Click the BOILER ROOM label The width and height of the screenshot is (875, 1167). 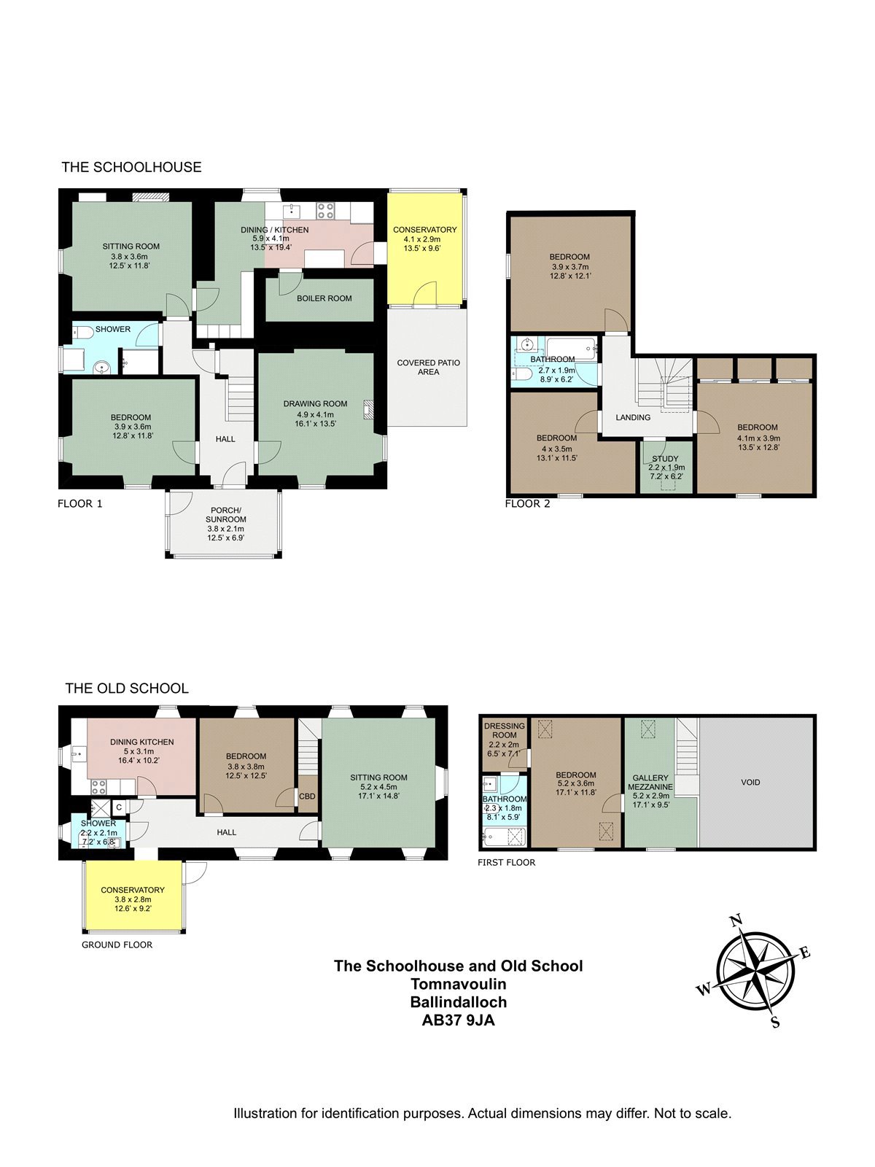(324, 298)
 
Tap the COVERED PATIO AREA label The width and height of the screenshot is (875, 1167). (428, 368)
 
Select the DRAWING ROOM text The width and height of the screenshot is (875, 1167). (315, 403)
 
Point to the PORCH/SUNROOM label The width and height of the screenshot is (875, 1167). (225, 515)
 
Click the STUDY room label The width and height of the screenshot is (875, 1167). (665, 458)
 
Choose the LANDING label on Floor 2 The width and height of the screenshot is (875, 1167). (633, 417)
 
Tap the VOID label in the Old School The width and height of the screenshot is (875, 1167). (750, 782)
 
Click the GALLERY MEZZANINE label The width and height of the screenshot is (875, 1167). (650, 782)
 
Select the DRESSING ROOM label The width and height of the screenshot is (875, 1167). (504, 731)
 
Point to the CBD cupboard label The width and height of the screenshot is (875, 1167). (307, 796)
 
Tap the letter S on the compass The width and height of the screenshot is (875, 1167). (775, 1022)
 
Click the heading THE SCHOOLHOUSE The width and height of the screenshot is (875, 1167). (131, 167)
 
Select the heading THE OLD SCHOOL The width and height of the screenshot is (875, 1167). (127, 689)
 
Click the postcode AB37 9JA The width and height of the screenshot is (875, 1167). (458, 1020)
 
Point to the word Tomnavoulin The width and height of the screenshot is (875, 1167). (458, 984)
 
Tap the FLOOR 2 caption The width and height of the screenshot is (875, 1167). (527, 503)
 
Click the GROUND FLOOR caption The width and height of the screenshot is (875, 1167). (117, 945)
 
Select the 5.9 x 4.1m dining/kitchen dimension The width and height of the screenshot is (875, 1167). (271, 239)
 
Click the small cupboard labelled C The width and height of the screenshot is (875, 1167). (119, 807)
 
